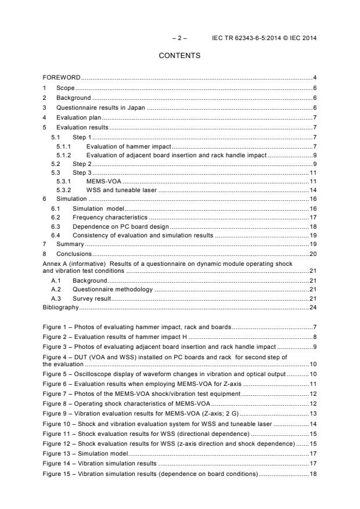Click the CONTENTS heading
tap(179, 56)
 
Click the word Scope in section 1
tap(65, 88)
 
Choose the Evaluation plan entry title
tap(75, 117)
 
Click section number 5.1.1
tap(63, 146)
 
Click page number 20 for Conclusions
tap(312, 254)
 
